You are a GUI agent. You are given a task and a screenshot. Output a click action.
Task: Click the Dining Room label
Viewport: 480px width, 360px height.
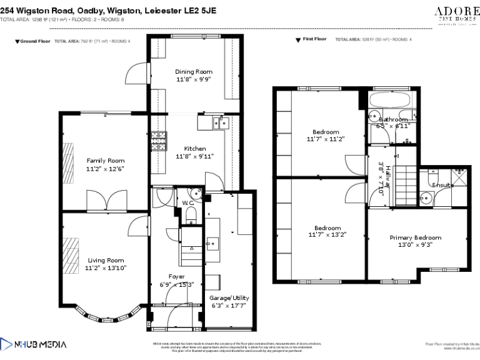tap(194, 72)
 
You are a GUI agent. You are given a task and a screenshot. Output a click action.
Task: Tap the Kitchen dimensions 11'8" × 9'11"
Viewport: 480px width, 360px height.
tap(191, 156)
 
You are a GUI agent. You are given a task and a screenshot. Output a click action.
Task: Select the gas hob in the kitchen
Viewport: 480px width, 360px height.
tap(158, 142)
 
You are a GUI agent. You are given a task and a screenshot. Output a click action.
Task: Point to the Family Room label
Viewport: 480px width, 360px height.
tap(105, 161)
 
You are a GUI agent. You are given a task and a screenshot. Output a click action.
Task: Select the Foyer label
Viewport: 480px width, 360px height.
tap(177, 276)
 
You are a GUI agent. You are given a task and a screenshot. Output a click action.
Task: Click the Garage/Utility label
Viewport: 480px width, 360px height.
tap(229, 298)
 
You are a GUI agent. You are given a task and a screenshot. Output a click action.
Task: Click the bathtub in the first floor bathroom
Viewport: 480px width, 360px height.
tap(389, 100)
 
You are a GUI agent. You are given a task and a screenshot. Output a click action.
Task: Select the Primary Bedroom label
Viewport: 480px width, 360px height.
tap(415, 237)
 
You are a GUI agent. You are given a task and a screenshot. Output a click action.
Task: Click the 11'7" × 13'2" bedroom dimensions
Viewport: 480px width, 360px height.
tap(327, 235)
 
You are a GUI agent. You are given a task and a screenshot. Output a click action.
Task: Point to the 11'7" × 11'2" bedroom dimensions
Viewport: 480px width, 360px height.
tap(326, 139)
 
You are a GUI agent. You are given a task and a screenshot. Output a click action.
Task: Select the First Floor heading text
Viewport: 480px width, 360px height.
tap(314, 39)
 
